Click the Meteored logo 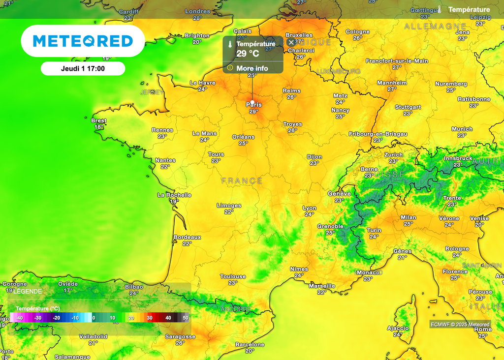coord(83,41)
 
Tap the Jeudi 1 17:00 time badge coord(83,68)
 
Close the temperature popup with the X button coord(291,42)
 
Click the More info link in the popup coord(252,68)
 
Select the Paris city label coord(254,105)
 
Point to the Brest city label coord(99,120)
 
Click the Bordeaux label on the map coord(188,237)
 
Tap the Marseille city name coord(322,286)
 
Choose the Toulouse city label coord(233,276)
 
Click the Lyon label coord(310,208)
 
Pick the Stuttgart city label coord(408,107)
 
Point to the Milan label coord(408,217)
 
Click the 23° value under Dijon coord(315,163)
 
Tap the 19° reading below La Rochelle coord(174,201)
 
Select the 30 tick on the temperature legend coord(150,318)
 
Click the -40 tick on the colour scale coord(19,318)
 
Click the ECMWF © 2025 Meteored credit coord(460,324)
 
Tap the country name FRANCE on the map coord(242,181)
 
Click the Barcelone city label coord(250,345)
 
